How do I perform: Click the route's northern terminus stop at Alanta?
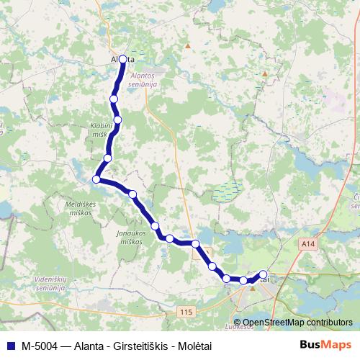[122, 59]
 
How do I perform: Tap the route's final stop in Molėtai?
[263, 274]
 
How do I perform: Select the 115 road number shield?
[187, 310]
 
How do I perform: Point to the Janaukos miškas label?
[131, 238]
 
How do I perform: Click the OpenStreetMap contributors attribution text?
[297, 323]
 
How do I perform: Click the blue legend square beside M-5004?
[10, 345]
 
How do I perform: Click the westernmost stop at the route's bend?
[96, 179]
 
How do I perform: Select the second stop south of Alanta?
[117, 120]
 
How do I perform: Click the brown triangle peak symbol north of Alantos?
[188, 45]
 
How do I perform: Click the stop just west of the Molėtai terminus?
[243, 280]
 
